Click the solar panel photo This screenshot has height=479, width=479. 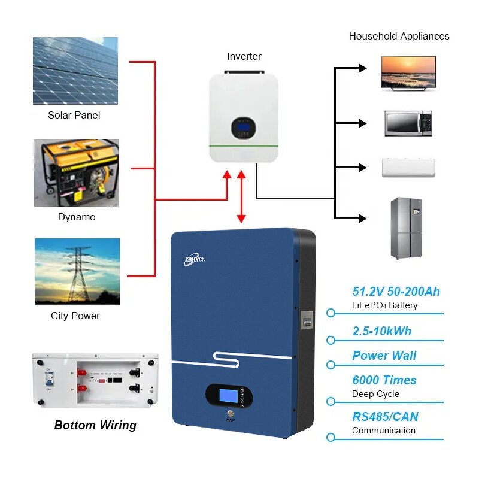coord(75,71)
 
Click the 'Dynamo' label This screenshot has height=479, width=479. coord(77,217)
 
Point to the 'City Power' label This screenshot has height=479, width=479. coord(75,316)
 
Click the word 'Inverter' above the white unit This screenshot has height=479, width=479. coord(244,56)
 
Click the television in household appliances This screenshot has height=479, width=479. coord(408,72)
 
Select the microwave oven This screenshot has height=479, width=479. coord(408,123)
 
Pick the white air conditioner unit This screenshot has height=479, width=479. coord(408,167)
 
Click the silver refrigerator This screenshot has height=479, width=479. coord(406,228)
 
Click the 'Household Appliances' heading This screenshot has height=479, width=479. coord(399,36)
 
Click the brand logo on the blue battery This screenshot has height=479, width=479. coord(195,260)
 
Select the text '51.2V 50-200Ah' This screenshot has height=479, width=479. coord(396,292)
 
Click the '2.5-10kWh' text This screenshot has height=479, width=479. coord(381,331)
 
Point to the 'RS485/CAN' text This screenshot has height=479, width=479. coord(385,417)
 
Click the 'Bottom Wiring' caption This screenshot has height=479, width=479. coord(95,425)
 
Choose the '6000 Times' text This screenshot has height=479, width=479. coord(384,380)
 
